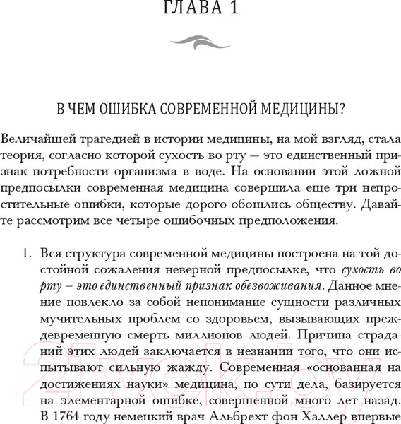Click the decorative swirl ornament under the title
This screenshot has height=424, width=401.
point(200,44)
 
